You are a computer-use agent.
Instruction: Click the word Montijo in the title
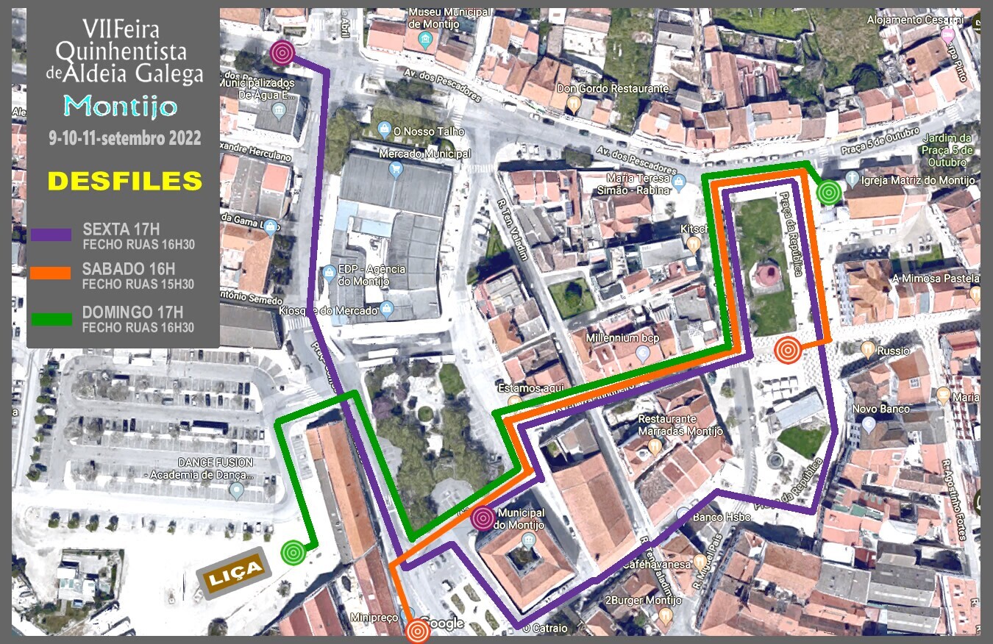click(121, 107)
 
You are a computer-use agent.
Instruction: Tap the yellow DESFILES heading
click(124, 181)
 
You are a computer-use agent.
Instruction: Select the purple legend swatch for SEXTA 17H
click(51, 235)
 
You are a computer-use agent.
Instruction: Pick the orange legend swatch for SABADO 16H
click(51, 273)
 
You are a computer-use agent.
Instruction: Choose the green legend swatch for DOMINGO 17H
click(51, 319)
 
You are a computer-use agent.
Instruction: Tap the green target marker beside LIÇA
click(293, 552)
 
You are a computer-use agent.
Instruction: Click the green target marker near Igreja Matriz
click(829, 193)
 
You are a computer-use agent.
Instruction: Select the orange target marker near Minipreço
click(418, 630)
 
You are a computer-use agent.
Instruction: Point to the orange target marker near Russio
click(787, 349)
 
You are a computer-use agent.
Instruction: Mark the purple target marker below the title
click(282, 52)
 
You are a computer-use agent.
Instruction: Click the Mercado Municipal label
click(424, 154)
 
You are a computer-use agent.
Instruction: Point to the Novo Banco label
click(880, 409)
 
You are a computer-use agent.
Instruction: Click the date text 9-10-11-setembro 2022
click(124, 139)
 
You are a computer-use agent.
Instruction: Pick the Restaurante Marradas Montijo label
click(666, 424)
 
